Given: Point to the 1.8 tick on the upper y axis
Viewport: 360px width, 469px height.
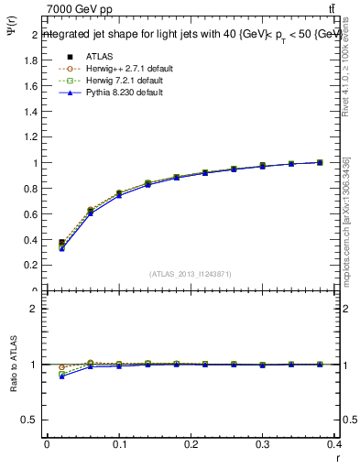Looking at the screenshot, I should pos(33,60).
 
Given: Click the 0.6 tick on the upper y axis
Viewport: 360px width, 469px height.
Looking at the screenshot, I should pos(33,214).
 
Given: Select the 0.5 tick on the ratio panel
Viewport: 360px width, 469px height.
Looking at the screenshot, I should pos(33,420).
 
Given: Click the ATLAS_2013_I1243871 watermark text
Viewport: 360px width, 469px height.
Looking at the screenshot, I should pos(190,274).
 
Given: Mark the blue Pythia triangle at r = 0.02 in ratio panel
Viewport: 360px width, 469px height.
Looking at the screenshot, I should pos(61,376).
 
